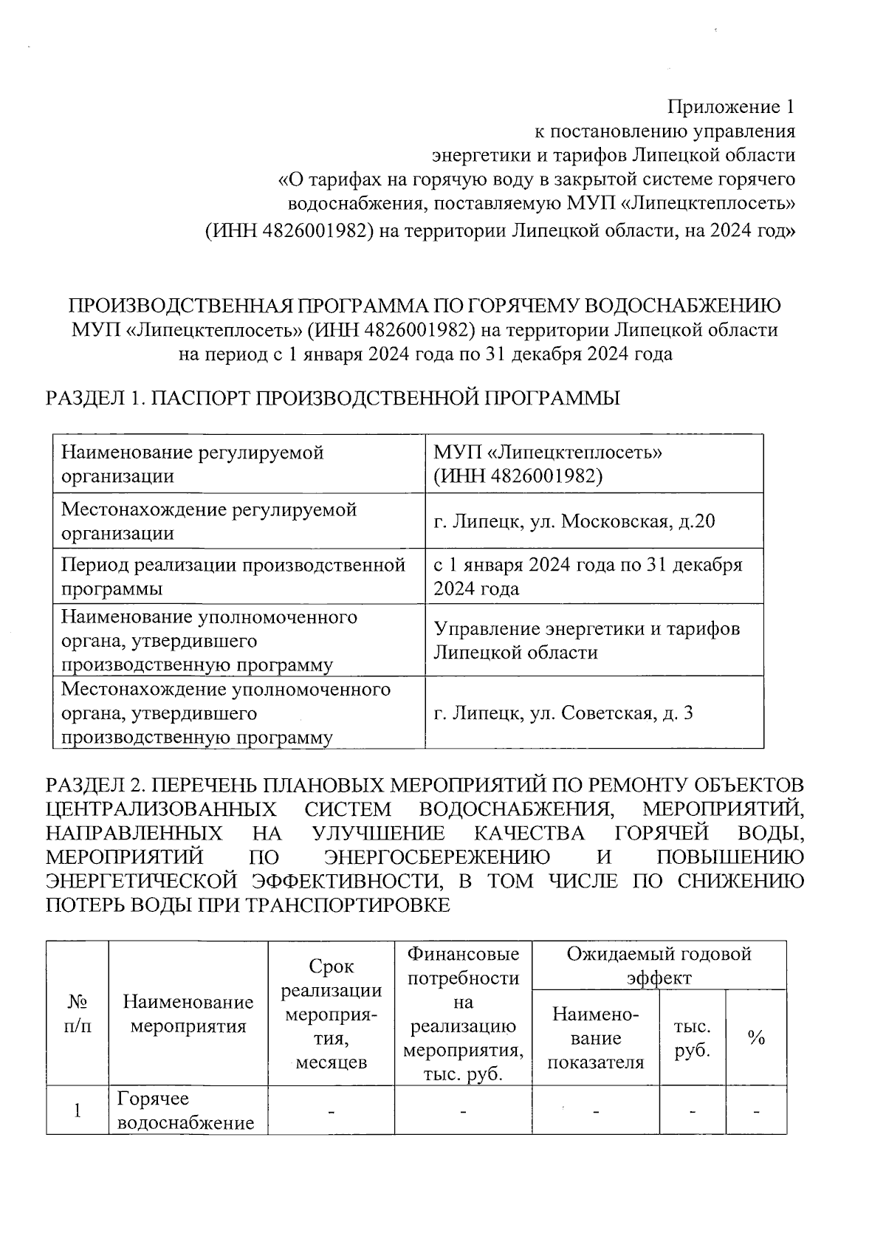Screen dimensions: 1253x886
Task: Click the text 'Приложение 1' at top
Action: [x=731, y=107]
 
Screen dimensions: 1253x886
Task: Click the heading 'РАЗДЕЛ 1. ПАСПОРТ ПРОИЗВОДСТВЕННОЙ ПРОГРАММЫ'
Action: [x=332, y=399]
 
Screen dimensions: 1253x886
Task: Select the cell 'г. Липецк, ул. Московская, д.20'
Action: [x=574, y=521]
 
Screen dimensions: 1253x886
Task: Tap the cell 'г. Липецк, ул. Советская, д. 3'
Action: [x=563, y=713]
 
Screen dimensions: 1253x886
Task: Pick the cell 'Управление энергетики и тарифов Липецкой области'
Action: [x=587, y=640]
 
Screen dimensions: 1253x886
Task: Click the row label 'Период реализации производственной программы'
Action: [x=233, y=577]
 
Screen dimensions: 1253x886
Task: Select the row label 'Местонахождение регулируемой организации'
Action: [x=209, y=521]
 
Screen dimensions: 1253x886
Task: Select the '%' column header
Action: [x=755, y=1038]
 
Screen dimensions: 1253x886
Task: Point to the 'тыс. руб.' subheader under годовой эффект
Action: [x=692, y=1038]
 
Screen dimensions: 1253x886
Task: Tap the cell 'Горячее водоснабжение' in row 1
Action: [x=186, y=1111]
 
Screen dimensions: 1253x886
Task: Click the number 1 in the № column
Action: [x=78, y=1111]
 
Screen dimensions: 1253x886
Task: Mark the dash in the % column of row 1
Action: [x=755, y=1111]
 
